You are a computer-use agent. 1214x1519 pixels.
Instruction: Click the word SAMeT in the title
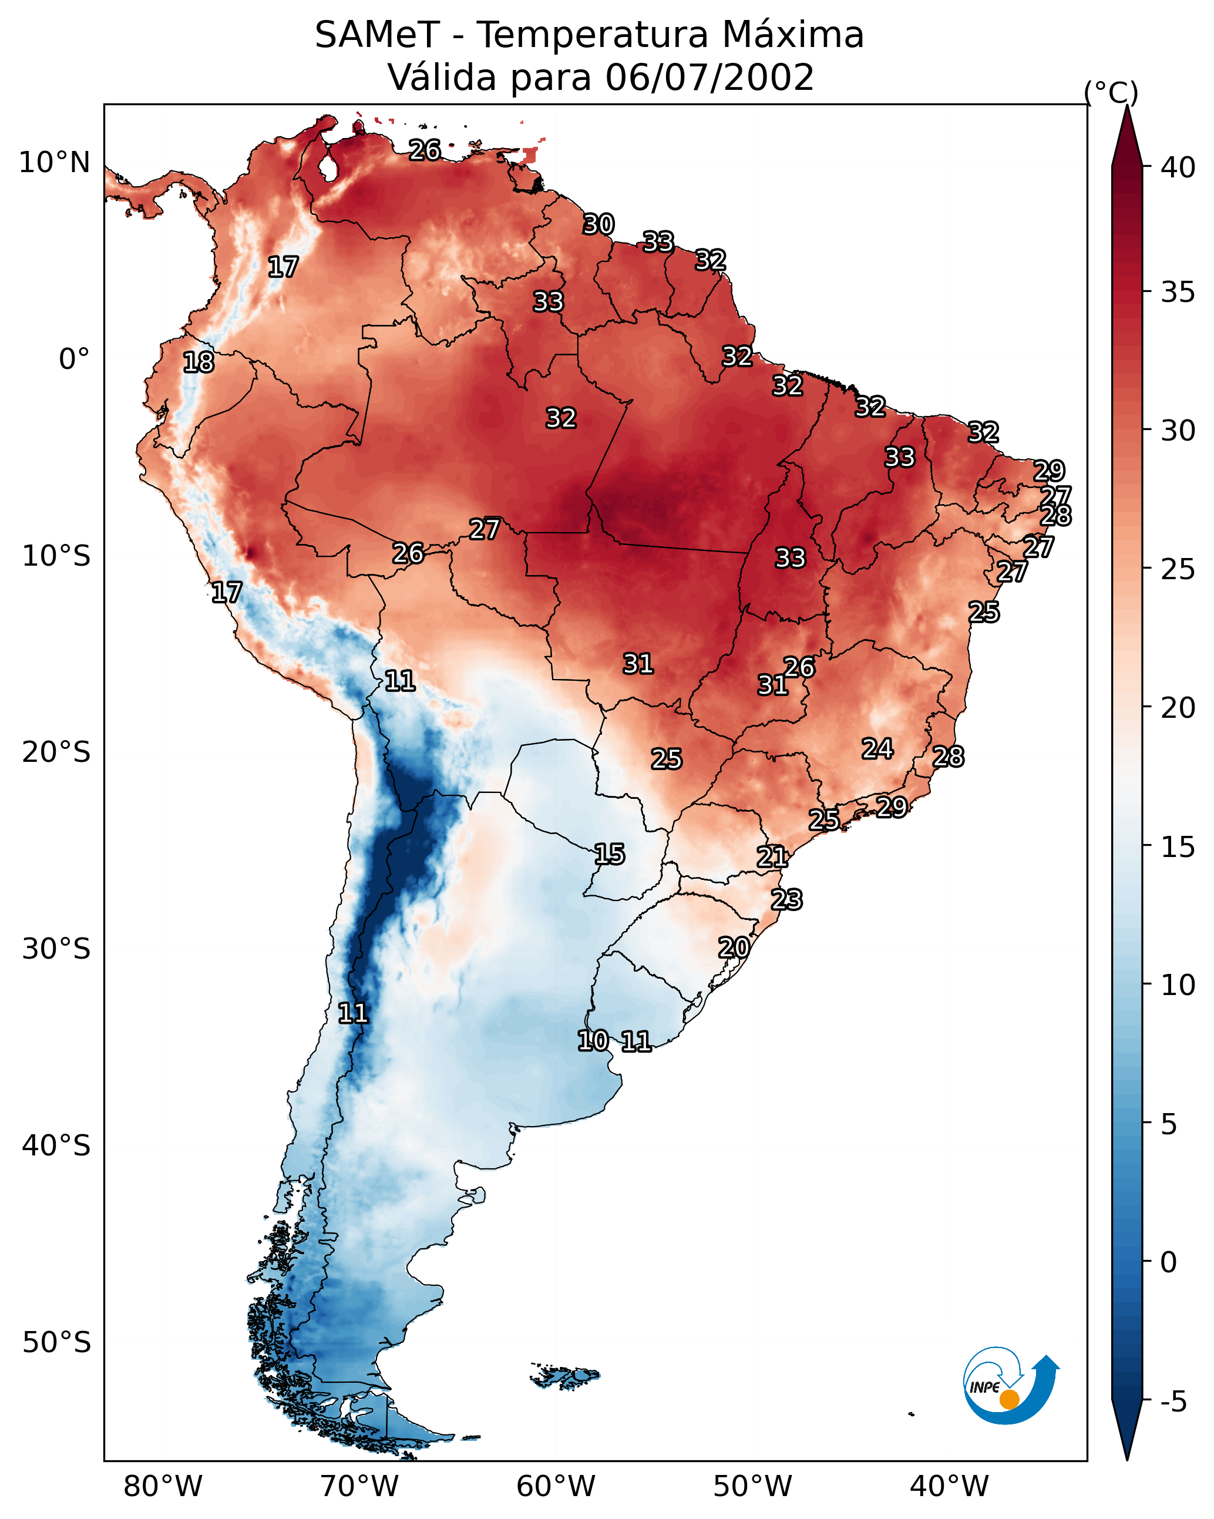[x=376, y=35]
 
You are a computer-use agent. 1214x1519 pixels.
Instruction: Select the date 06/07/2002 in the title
[x=709, y=78]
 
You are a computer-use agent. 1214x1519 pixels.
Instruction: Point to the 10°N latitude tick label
[x=54, y=163]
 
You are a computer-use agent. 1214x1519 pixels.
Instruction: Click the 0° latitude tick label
[x=74, y=359]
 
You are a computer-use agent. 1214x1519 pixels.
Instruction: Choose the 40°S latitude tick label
[x=56, y=1146]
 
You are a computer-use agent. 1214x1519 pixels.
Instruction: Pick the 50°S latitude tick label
[x=56, y=1343]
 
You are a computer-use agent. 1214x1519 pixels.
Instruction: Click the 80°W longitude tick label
[x=163, y=1487]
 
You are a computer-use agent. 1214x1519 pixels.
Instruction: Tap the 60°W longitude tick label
[x=556, y=1487]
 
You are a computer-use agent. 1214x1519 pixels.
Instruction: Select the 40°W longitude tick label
[x=949, y=1487]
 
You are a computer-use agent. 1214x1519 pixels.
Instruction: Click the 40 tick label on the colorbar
[x=1178, y=167]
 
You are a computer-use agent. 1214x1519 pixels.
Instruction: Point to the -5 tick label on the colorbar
[x=1173, y=1402]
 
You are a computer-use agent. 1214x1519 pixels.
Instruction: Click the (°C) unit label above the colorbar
[x=1111, y=92]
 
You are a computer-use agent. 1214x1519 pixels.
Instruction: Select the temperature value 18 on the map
[x=198, y=362]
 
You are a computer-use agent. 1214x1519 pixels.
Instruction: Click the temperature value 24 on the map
[x=877, y=748]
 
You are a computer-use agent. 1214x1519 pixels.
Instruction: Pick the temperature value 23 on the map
[x=786, y=900]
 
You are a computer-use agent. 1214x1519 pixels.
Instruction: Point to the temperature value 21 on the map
[x=772, y=857]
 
